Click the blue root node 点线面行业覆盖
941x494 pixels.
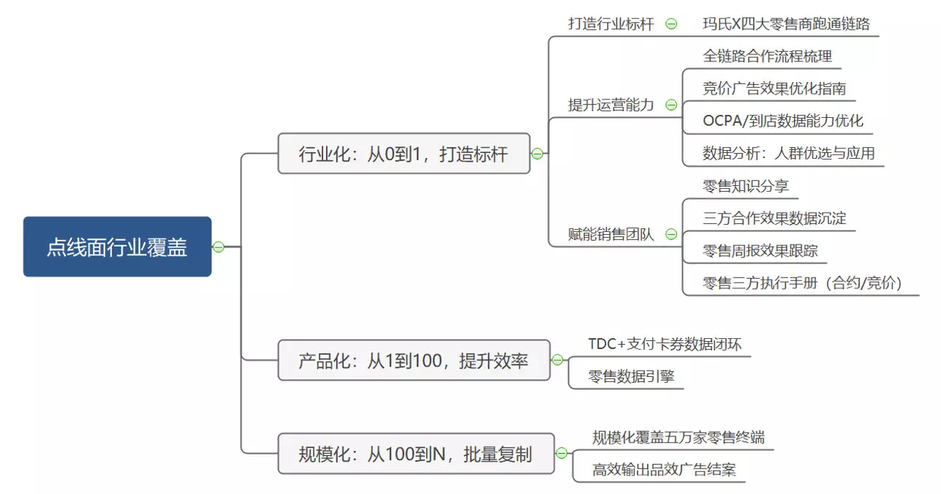[117, 247]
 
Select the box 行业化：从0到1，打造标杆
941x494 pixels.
[404, 154]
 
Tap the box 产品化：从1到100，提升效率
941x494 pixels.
[414, 360]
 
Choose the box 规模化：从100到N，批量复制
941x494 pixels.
[416, 454]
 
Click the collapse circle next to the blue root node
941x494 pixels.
[219, 247]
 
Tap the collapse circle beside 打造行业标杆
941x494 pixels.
[671, 24]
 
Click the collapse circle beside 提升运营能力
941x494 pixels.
[671, 105]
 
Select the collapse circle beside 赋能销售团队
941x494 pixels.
[671, 233]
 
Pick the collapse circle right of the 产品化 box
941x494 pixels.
[557, 360]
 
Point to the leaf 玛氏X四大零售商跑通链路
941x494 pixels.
[786, 24]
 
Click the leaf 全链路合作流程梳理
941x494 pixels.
[767, 56]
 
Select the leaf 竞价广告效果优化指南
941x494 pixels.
[774, 89]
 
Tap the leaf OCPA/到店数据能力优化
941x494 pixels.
[783, 121]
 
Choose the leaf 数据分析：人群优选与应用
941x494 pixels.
[788, 154]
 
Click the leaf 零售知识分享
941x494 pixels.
[746, 186]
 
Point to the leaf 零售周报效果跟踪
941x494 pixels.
[760, 250]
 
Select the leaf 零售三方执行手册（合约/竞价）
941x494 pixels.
[802, 283]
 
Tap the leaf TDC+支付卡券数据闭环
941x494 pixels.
[665, 344]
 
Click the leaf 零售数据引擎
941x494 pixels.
[631, 376]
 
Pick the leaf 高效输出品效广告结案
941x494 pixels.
[664, 470]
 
